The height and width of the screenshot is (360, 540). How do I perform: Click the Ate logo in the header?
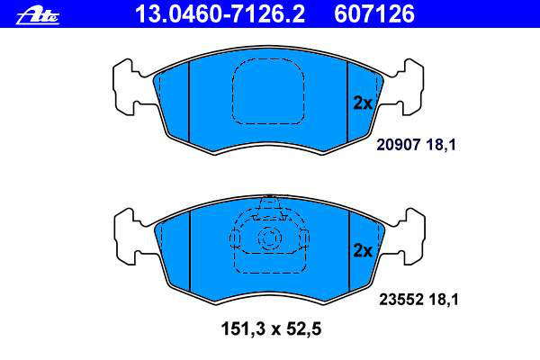(x=38, y=15)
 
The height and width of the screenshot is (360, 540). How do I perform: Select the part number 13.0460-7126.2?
(x=220, y=14)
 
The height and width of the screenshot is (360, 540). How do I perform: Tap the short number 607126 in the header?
(x=374, y=14)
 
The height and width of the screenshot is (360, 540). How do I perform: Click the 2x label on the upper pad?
(x=363, y=103)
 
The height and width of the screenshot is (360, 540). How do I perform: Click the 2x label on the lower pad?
(x=363, y=251)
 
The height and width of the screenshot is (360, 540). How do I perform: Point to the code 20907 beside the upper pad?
(x=399, y=145)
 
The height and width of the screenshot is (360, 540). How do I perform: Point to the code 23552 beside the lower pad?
(x=401, y=300)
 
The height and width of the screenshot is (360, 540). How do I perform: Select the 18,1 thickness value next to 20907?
(x=441, y=145)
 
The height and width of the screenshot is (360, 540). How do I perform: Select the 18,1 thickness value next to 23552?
(x=444, y=300)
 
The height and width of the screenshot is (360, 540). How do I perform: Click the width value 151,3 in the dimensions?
(x=244, y=329)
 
